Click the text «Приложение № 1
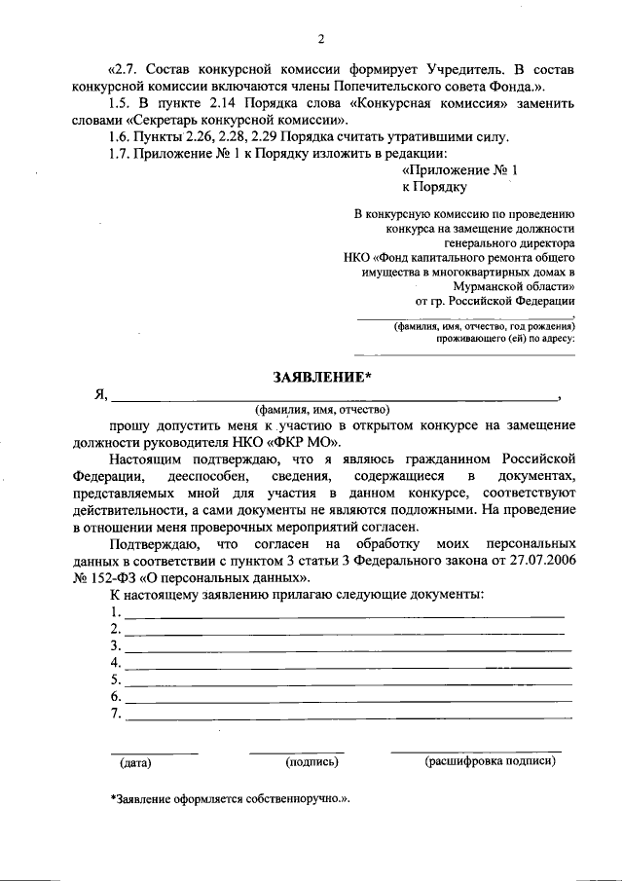(x=459, y=170)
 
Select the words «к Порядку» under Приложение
(x=434, y=187)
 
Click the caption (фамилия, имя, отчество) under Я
(x=322, y=410)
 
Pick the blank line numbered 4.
(x=346, y=664)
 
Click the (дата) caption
(x=137, y=763)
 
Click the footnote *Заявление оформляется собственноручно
(x=229, y=798)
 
